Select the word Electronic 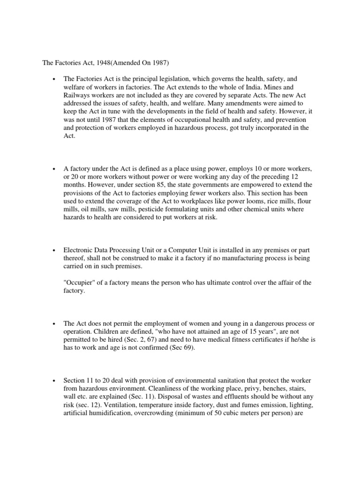79,249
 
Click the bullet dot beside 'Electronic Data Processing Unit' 55,250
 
